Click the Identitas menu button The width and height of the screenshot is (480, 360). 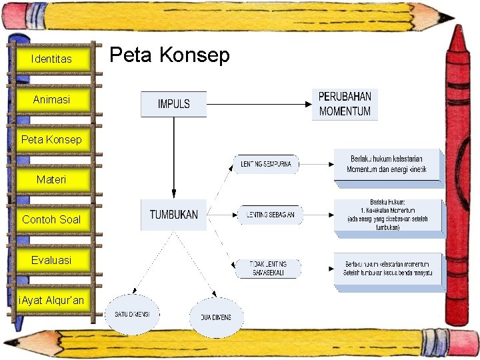(x=52, y=59)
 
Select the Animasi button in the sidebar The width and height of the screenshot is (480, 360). (x=52, y=99)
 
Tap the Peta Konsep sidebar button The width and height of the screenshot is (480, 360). (x=52, y=139)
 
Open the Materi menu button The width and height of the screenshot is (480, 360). (x=52, y=179)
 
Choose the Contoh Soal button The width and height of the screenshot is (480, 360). (x=52, y=219)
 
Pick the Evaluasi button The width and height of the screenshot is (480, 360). (x=52, y=259)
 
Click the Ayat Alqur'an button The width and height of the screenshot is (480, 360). (x=52, y=300)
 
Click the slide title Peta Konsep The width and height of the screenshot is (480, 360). (x=169, y=55)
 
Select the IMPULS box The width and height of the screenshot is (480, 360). (x=173, y=104)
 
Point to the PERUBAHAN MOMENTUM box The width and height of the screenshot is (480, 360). (x=345, y=105)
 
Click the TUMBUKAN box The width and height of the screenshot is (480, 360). (x=173, y=215)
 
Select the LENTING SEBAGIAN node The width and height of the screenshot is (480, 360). (x=270, y=215)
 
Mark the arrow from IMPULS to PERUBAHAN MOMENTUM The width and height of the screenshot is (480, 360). (x=260, y=104)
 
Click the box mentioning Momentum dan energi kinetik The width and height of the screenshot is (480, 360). (x=387, y=164)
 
